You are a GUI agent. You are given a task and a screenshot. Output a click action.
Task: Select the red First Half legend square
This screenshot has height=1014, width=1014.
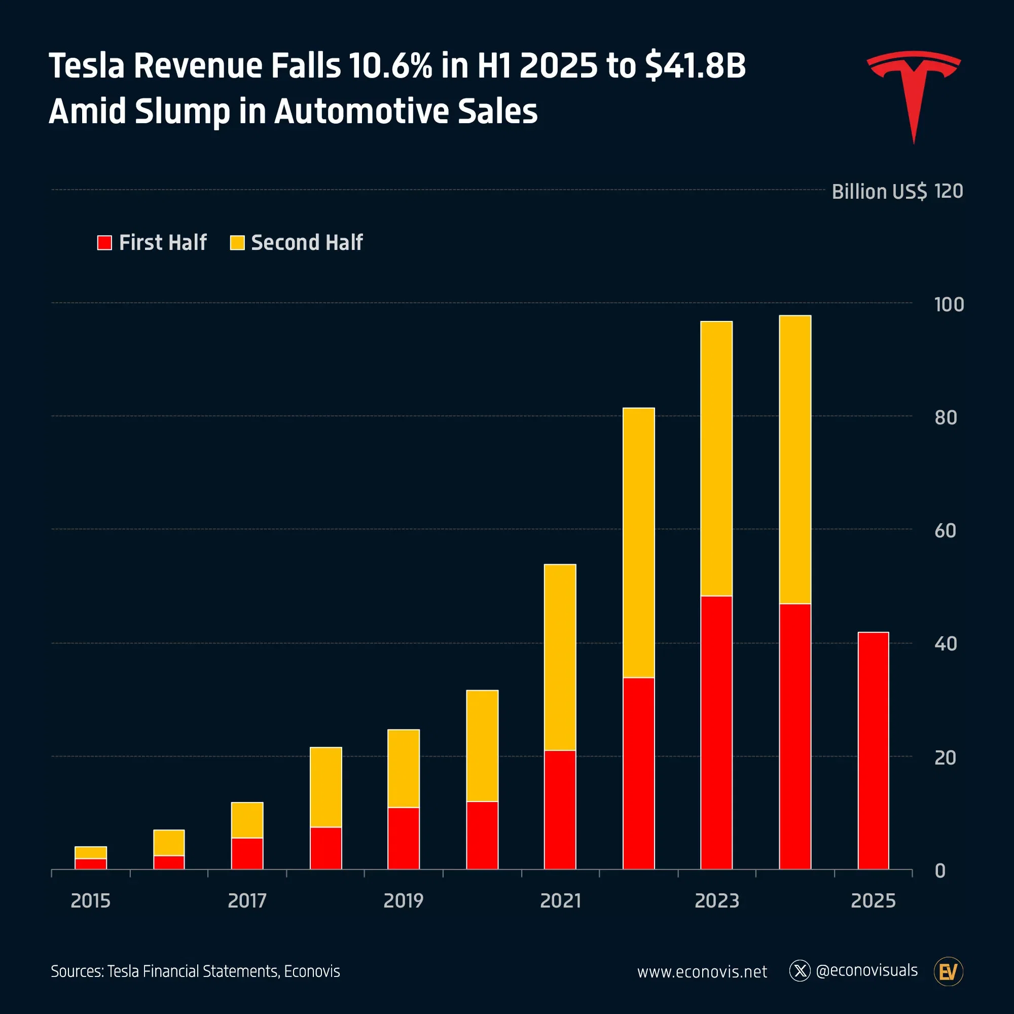tap(104, 242)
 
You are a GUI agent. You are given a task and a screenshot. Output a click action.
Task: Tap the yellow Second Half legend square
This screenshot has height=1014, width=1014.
tap(237, 242)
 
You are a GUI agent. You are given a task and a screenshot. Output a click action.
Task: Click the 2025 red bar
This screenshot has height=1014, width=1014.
tap(874, 751)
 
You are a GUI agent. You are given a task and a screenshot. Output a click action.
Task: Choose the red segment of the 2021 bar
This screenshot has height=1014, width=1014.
tap(560, 810)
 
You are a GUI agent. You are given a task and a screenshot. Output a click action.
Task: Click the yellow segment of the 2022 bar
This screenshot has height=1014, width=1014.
tap(639, 543)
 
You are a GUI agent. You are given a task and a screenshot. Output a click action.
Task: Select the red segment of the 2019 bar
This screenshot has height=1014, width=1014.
tap(404, 838)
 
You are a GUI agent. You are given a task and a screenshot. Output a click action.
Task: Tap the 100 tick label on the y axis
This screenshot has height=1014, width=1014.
tap(949, 305)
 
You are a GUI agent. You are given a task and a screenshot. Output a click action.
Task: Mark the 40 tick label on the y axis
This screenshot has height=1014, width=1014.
tap(946, 644)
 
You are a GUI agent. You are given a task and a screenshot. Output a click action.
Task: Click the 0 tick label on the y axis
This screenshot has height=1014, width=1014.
tap(940, 871)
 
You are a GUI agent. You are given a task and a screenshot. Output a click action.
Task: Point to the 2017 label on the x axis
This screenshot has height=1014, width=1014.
tap(247, 900)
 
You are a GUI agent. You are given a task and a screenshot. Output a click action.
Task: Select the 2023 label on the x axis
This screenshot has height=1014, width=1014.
tap(716, 900)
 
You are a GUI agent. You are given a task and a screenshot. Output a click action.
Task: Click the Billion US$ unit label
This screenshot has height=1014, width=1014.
tap(879, 192)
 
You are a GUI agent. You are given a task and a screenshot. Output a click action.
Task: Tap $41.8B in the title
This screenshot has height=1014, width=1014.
tap(695, 66)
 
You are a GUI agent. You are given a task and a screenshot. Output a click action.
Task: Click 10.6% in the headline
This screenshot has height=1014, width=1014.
tap(390, 66)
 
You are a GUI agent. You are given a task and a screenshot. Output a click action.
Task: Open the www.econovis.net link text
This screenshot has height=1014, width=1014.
tap(702, 971)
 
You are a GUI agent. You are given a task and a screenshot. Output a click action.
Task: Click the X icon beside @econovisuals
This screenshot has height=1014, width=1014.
tap(800, 971)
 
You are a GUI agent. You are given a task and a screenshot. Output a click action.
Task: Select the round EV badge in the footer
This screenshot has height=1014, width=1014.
tap(949, 971)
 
